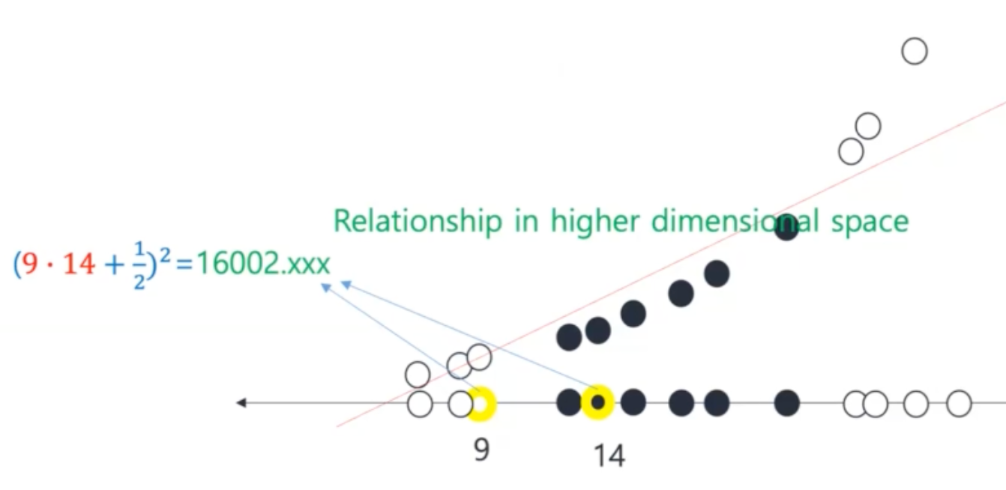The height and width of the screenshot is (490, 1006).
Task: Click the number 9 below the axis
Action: (x=481, y=449)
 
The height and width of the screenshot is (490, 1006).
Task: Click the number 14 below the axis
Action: (x=609, y=455)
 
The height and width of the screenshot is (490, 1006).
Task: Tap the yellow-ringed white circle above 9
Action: (x=481, y=404)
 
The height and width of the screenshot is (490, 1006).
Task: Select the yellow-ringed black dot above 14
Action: (x=597, y=403)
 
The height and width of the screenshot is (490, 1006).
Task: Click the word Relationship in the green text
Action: (x=418, y=222)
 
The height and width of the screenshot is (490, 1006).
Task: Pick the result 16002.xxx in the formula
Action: (x=262, y=265)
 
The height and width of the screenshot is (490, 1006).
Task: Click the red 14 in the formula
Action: (x=79, y=265)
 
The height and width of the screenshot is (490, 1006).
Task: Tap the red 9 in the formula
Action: (x=30, y=265)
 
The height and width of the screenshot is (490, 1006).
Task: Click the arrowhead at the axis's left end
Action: (x=241, y=403)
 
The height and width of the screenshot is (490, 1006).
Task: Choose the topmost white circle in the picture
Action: (x=914, y=51)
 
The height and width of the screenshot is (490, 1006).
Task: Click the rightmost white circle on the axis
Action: (x=958, y=404)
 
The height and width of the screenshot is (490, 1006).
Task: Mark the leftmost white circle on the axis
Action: (x=421, y=405)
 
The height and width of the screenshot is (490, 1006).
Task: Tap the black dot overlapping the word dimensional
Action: (x=786, y=227)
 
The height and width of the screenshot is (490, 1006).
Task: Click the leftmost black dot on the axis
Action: (x=569, y=403)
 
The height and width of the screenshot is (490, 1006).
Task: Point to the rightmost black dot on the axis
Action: (x=786, y=403)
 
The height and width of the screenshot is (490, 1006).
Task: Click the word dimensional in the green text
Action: (x=732, y=222)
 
